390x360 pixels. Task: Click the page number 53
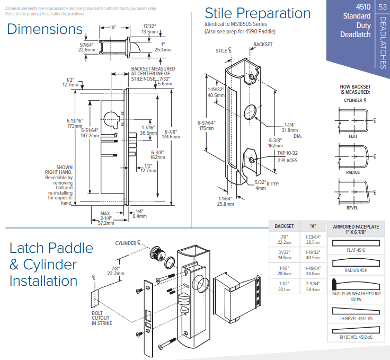(x=383, y=7)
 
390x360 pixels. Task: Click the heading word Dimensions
(x=45, y=29)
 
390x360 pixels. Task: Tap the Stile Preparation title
(x=258, y=13)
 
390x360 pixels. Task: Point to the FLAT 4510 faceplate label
(x=356, y=250)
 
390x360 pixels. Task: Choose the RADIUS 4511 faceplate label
(x=356, y=270)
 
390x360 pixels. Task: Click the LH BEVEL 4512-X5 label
(x=356, y=319)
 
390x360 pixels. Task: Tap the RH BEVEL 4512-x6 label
(x=356, y=337)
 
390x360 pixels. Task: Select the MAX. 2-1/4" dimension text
(x=106, y=217)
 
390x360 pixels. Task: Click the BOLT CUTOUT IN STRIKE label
(x=101, y=318)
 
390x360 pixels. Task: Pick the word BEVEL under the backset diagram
(x=352, y=208)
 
